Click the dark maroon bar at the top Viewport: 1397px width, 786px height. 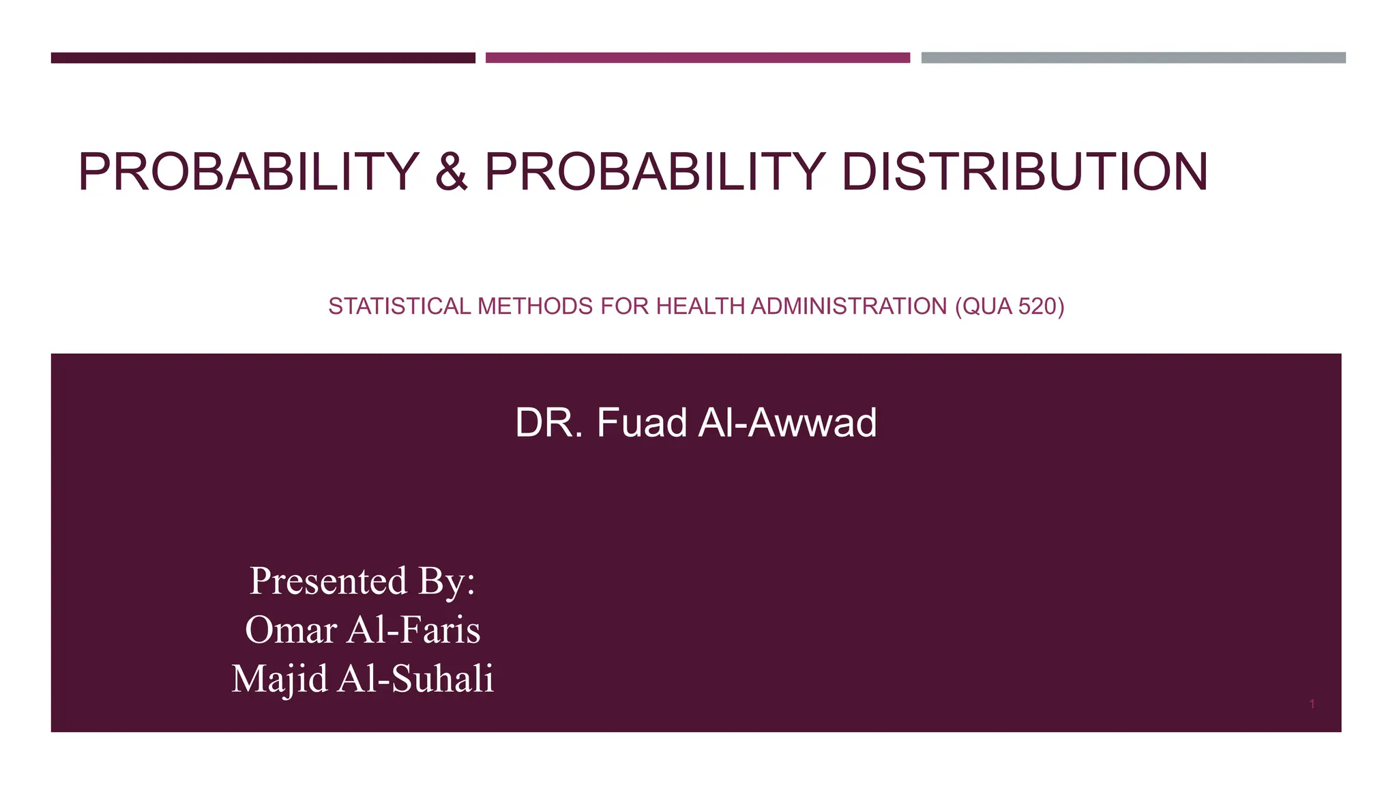(x=263, y=58)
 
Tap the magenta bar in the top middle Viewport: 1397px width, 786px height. (x=697, y=58)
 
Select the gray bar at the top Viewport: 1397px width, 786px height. (x=1133, y=58)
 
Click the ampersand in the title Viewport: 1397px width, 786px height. (x=451, y=171)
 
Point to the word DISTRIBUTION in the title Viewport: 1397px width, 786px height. (x=1025, y=171)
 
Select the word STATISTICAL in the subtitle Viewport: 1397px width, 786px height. (x=399, y=306)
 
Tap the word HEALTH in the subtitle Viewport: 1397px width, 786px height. (x=700, y=306)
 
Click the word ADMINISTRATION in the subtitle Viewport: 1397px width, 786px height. (x=849, y=306)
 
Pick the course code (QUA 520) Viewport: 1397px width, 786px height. (x=1010, y=306)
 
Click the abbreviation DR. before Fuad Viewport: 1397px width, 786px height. (x=549, y=422)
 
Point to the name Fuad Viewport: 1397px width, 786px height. (x=642, y=422)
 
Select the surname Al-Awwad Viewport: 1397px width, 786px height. (x=787, y=422)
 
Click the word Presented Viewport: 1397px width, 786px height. (x=329, y=581)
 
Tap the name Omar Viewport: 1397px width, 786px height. (x=291, y=629)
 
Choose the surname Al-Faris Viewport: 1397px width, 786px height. (x=413, y=629)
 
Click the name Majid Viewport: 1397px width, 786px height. (x=280, y=679)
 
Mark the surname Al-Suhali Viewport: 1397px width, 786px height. (x=415, y=679)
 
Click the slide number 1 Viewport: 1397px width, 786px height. (x=1312, y=704)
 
